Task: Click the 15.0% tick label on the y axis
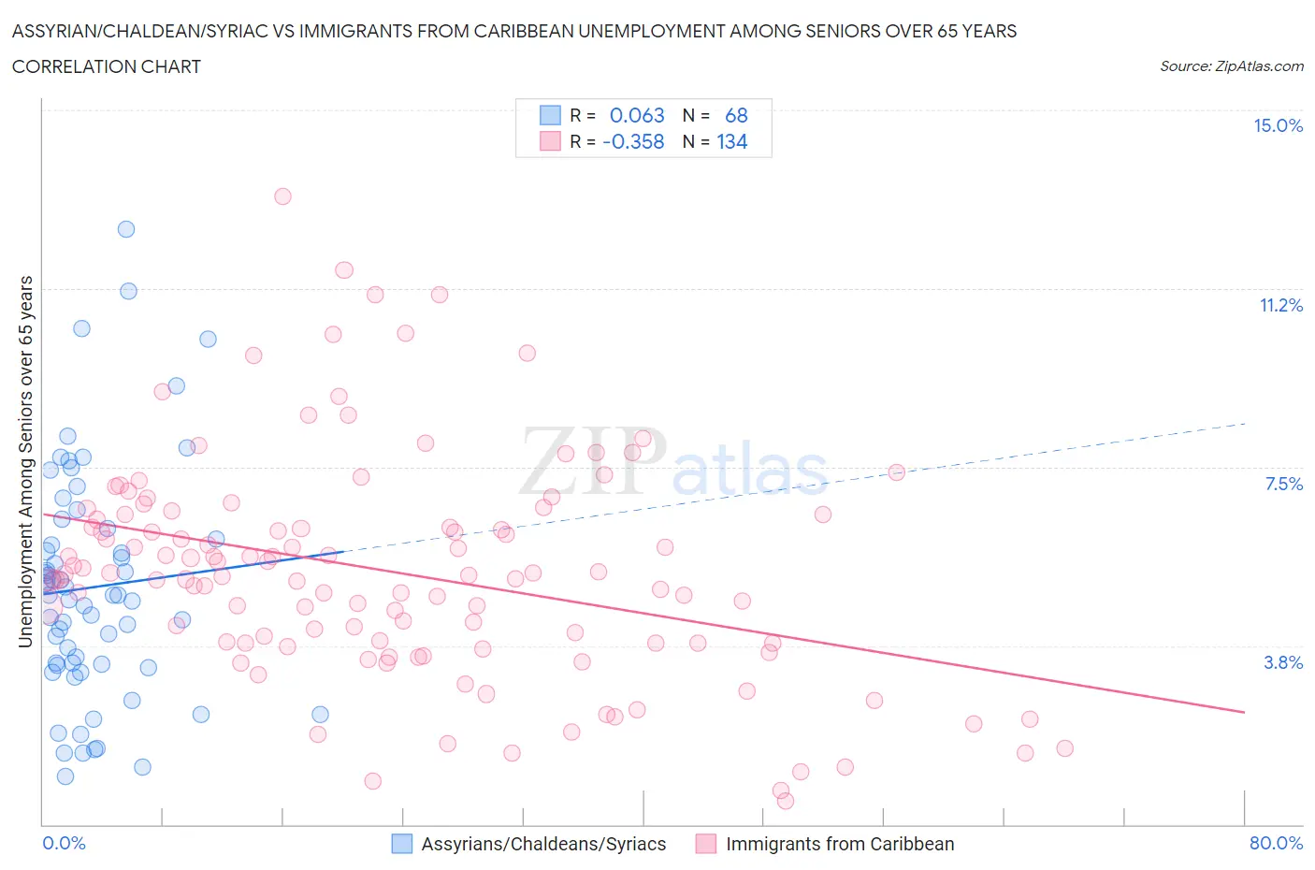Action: [x=1278, y=125]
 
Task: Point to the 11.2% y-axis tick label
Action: [x=1280, y=305]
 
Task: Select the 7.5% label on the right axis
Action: [x=1283, y=484]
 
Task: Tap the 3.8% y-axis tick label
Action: [x=1283, y=662]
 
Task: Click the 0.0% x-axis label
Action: [x=64, y=843]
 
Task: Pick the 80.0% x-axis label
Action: [x=1276, y=843]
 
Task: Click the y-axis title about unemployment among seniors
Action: [x=25, y=461]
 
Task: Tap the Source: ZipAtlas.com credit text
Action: [x=1231, y=65]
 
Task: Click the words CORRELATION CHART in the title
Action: [x=107, y=66]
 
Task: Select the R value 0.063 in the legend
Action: [x=637, y=115]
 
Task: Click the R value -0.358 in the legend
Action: [x=633, y=141]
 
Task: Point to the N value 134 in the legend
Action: [x=731, y=141]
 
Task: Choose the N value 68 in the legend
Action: [x=736, y=115]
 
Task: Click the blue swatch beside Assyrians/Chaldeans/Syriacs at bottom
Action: [x=401, y=844]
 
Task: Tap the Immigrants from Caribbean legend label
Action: [x=840, y=844]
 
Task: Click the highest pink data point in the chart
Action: [x=282, y=196]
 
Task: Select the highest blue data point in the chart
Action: [x=126, y=229]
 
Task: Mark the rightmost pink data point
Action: [x=1064, y=748]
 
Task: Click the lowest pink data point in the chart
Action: [x=786, y=801]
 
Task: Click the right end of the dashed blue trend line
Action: [x=1245, y=424]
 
